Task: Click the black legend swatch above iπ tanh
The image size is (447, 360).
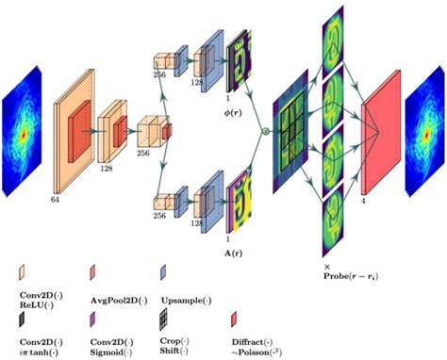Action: [24, 319]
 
